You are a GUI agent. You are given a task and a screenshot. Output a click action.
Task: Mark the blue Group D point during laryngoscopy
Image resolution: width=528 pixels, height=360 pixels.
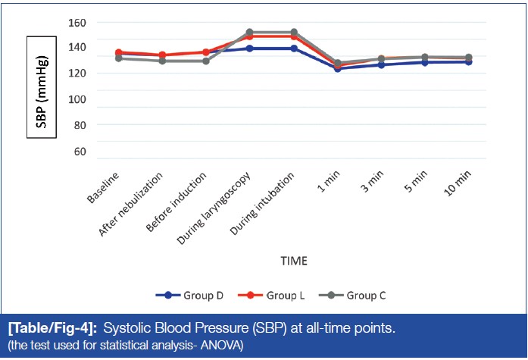(249, 49)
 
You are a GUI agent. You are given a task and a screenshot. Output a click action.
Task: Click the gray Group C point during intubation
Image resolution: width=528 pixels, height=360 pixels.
(293, 33)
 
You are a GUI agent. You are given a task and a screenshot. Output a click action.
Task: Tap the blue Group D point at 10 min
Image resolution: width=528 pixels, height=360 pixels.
(468, 62)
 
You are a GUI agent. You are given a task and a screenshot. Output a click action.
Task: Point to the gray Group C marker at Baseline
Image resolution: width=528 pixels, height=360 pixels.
(118, 58)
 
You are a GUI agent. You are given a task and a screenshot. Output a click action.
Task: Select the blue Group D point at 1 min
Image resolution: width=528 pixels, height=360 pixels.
(337, 68)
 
